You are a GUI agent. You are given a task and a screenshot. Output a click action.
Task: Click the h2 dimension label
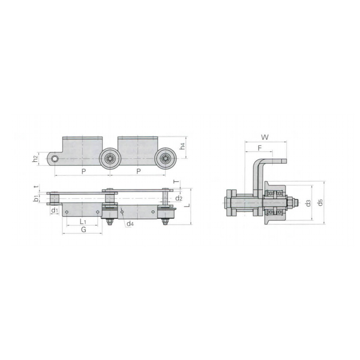(35, 159)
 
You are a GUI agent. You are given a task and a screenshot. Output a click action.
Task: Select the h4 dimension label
(182, 146)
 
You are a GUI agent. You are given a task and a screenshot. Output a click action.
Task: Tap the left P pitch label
(84, 171)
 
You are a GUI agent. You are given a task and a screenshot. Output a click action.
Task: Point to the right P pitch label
(139, 171)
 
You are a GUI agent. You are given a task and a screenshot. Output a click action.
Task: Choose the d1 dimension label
(54, 210)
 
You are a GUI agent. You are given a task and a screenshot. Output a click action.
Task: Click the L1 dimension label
(83, 221)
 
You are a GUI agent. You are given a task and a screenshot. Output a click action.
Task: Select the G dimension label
(84, 229)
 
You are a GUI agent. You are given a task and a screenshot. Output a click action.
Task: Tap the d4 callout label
(130, 223)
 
